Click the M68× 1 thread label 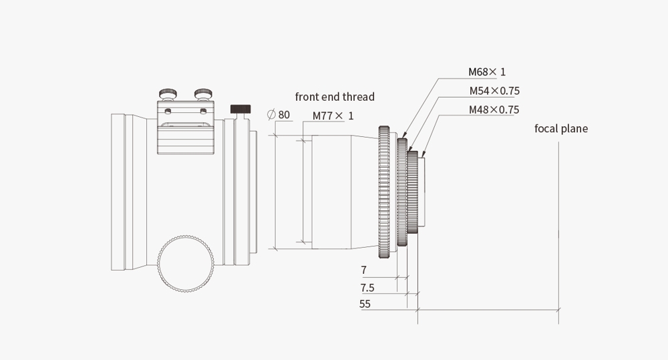click(x=487, y=71)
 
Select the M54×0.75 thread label click(x=494, y=91)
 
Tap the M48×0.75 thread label click(x=494, y=110)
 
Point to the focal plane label click(x=561, y=129)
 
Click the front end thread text click(x=335, y=97)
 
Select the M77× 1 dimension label click(x=333, y=116)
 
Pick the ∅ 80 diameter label click(x=278, y=115)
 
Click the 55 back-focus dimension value click(x=365, y=304)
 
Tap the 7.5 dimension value click(x=367, y=288)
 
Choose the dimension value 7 click(x=363, y=270)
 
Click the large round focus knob click(x=186, y=264)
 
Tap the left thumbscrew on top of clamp click(x=168, y=94)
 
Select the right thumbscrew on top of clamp click(x=204, y=94)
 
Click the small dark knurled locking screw click(x=240, y=109)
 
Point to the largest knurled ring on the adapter click(x=384, y=192)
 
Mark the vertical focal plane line click(x=558, y=233)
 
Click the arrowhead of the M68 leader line click(x=404, y=136)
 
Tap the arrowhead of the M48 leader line click(x=423, y=154)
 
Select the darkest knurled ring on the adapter click(x=412, y=192)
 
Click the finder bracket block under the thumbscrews click(x=186, y=128)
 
